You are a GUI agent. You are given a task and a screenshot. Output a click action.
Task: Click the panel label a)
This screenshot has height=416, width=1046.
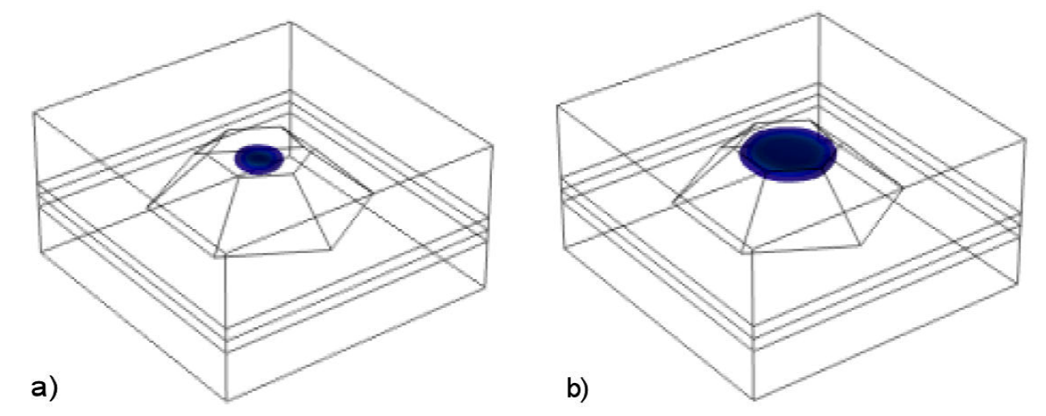tap(45, 388)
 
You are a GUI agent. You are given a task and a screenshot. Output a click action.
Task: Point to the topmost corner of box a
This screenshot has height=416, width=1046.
tap(290, 22)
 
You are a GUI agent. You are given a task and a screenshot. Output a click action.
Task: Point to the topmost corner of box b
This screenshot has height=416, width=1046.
tap(819, 14)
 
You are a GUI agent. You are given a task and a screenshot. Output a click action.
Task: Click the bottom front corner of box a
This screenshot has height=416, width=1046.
tap(228, 401)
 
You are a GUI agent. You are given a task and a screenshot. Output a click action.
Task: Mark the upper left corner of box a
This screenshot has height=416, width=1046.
tap(33, 112)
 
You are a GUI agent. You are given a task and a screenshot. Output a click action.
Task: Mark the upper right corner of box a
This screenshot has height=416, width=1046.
tap(493, 148)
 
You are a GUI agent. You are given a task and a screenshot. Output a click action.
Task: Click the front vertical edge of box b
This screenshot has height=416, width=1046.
tap(755, 322)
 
